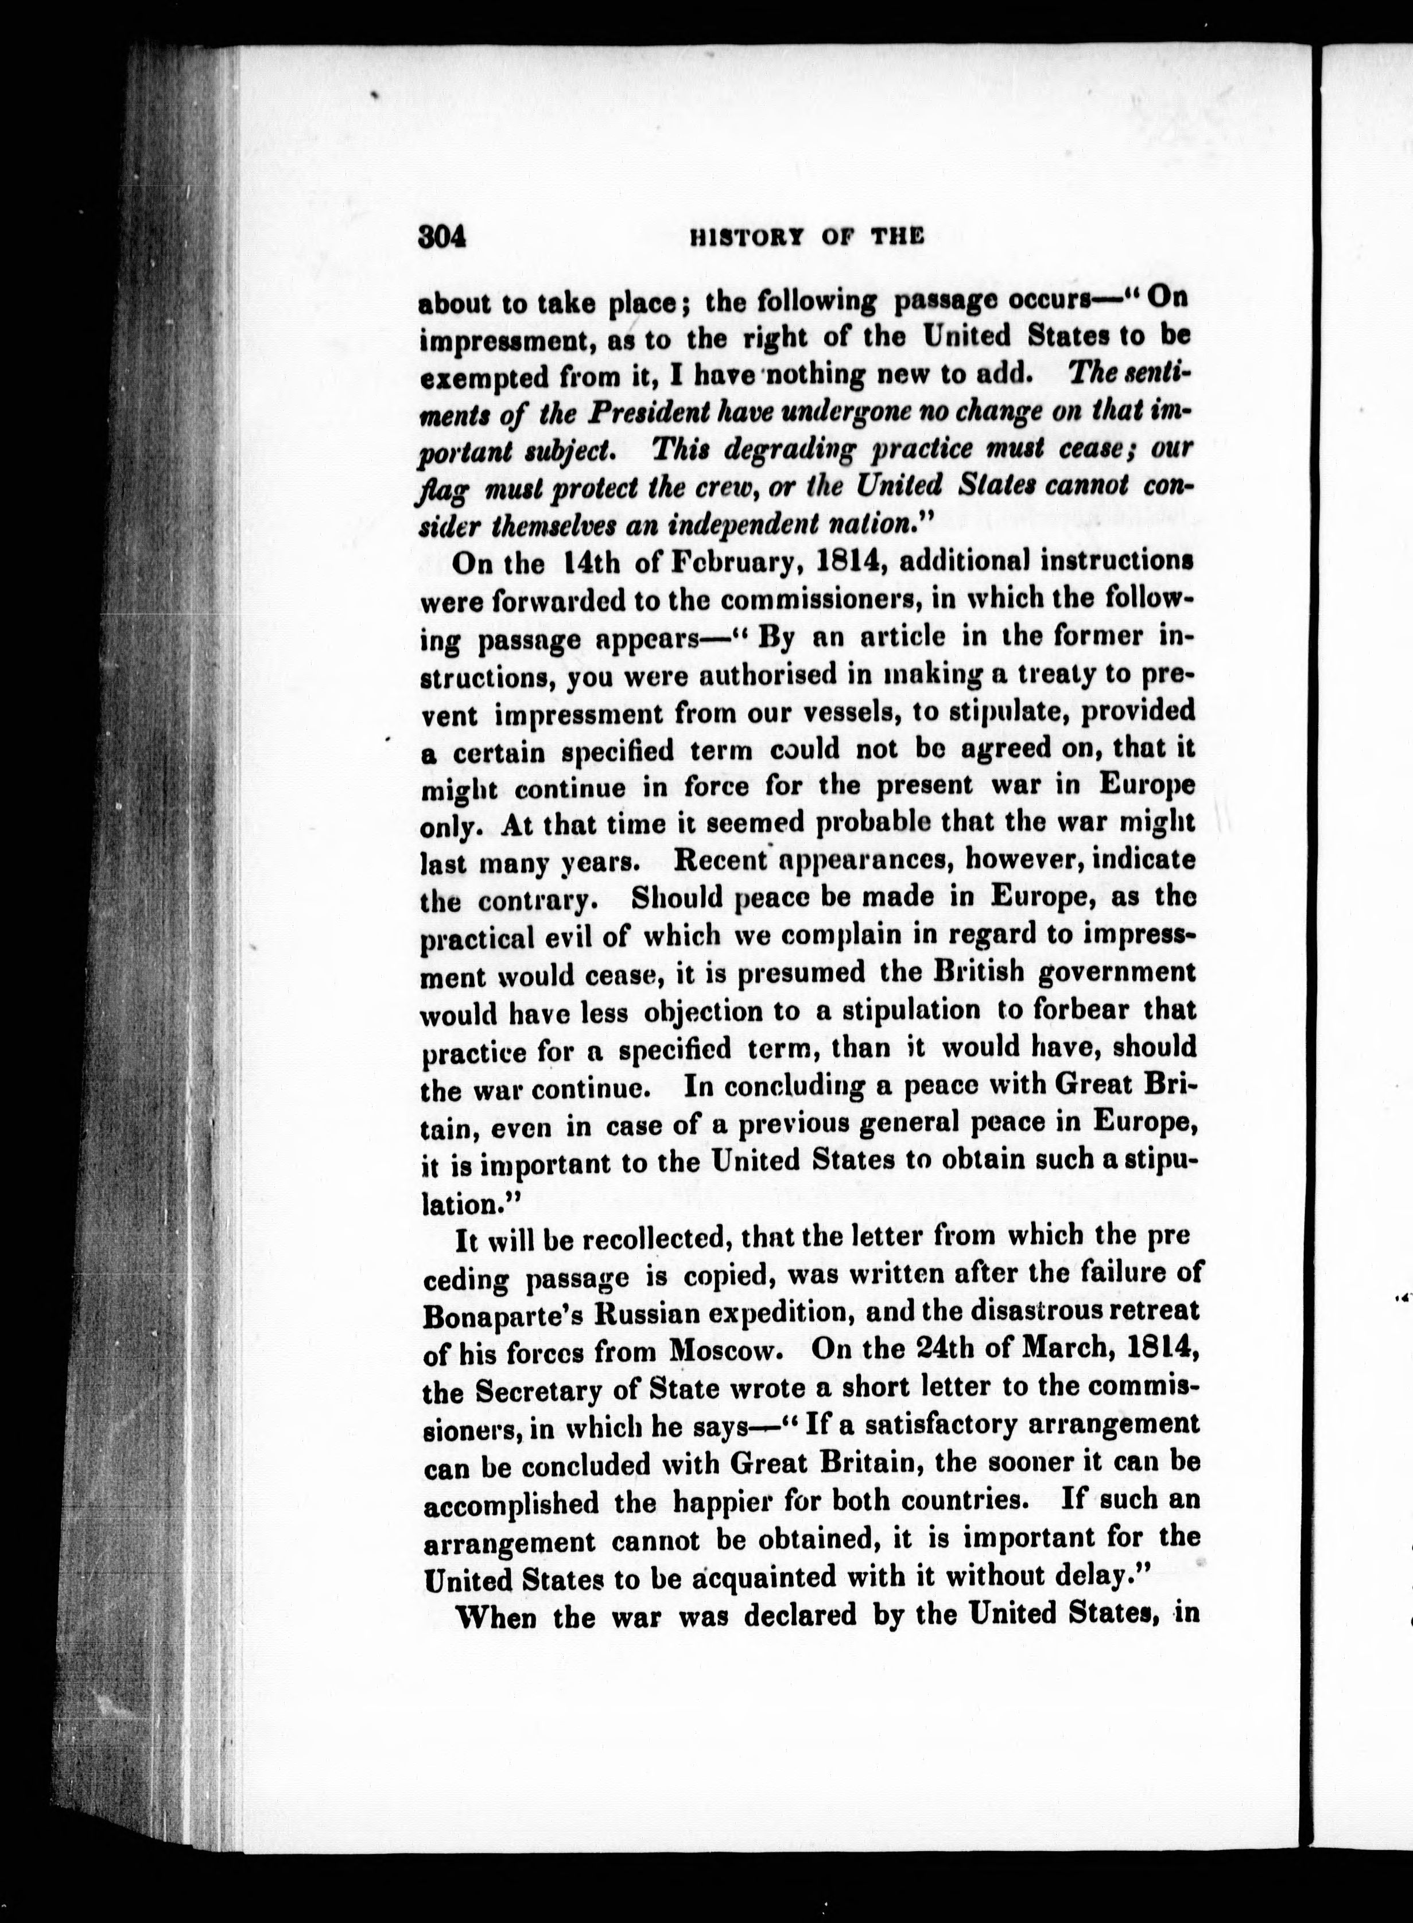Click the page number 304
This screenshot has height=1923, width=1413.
click(x=441, y=237)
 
